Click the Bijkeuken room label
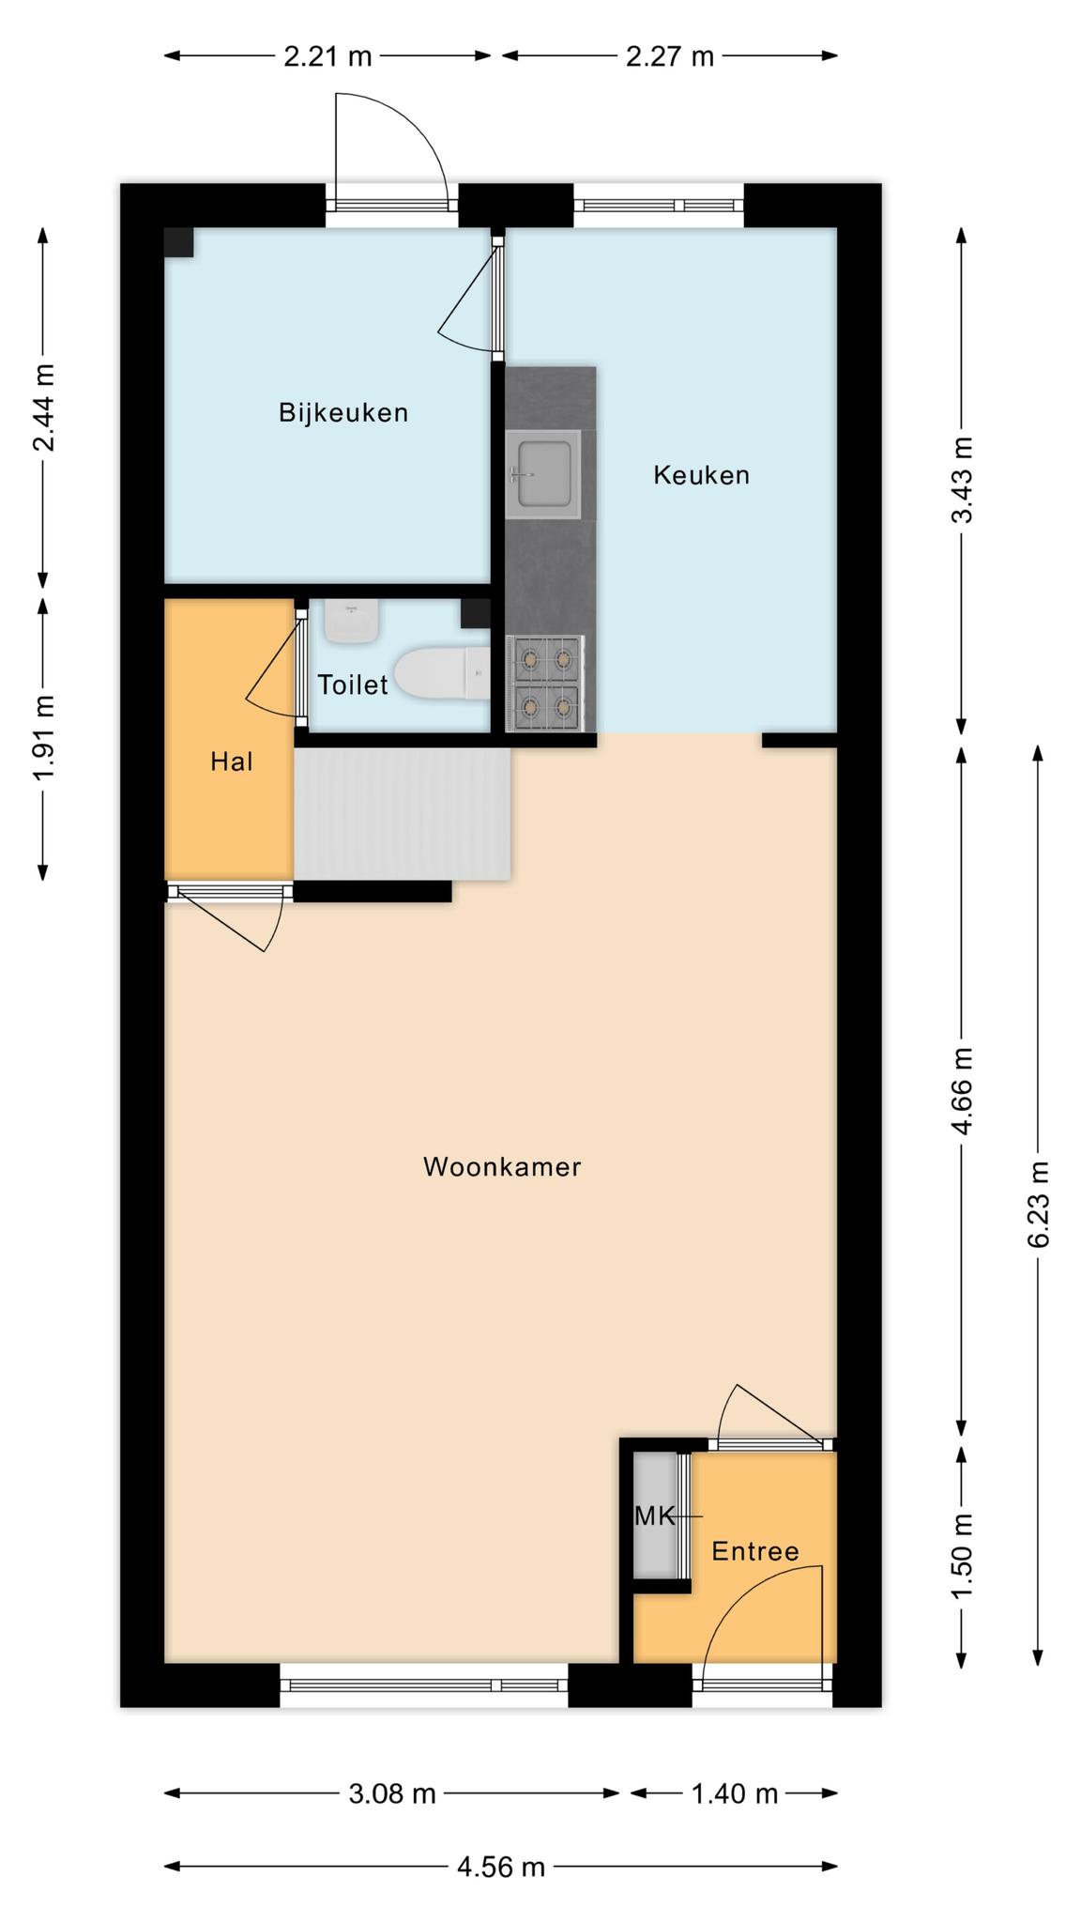[x=343, y=413]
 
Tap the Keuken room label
[x=702, y=475]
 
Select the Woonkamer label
[x=502, y=1167]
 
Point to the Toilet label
[x=353, y=685]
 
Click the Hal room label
[x=232, y=762]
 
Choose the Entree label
[x=755, y=1551]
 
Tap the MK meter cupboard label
[x=655, y=1515]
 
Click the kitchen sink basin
[x=543, y=474]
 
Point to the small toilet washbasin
[x=352, y=622]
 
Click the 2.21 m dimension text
[x=328, y=57]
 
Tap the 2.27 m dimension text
[x=670, y=57]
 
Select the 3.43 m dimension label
[x=962, y=480]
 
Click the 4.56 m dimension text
[x=501, y=1868]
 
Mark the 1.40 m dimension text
[x=735, y=1794]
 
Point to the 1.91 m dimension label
[x=43, y=738]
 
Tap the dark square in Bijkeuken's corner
[x=179, y=242]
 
